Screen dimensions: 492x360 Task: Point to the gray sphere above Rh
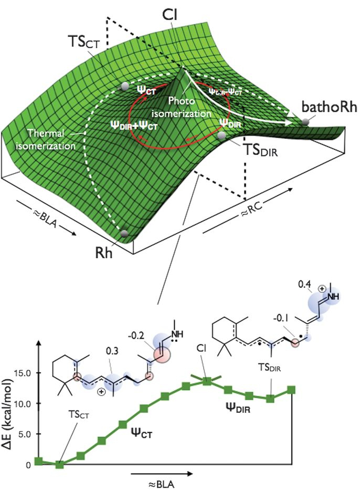point(124,233)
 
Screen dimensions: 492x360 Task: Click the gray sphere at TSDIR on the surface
point(223,136)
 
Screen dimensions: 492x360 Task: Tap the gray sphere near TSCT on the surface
point(124,86)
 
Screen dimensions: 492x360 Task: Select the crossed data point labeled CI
point(207,381)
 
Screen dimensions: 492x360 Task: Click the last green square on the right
point(291,390)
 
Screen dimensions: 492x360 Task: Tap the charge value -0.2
point(134,336)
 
